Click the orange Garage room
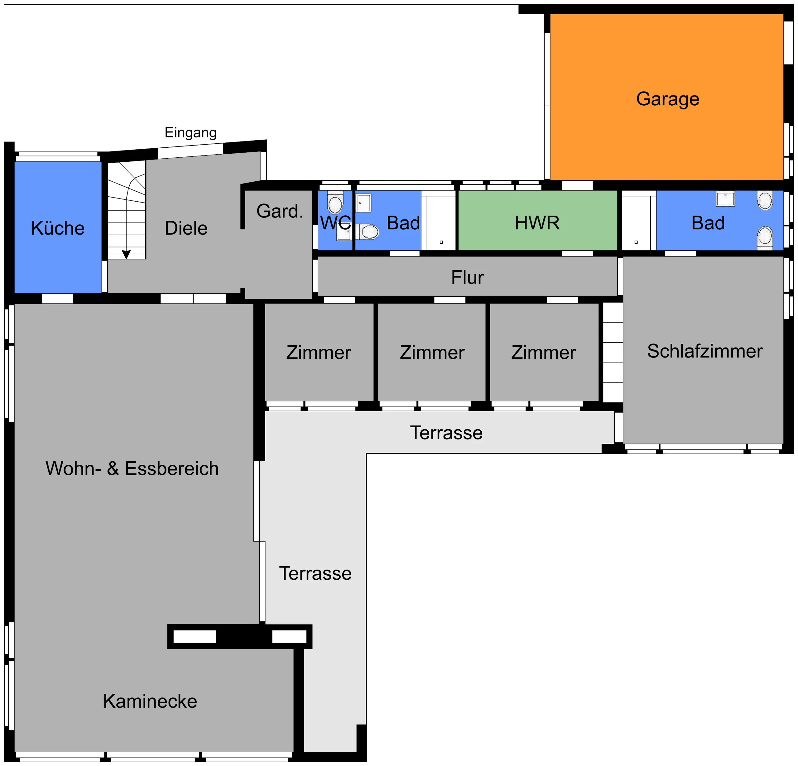click(x=666, y=97)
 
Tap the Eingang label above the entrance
click(x=190, y=133)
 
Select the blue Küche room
click(x=58, y=227)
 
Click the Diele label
click(x=186, y=228)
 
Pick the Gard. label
click(x=280, y=211)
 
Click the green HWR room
click(x=538, y=220)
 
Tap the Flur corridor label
click(x=467, y=278)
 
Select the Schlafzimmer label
click(x=705, y=351)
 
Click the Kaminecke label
click(x=150, y=701)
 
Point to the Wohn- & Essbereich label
click(x=132, y=468)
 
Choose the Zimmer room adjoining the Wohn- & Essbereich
click(x=319, y=352)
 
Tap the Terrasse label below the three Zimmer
click(x=446, y=433)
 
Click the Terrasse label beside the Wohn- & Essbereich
click(x=315, y=573)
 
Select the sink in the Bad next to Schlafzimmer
click(x=726, y=199)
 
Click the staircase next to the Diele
click(x=127, y=210)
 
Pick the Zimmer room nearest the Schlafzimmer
click(x=544, y=352)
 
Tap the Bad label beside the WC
click(x=403, y=223)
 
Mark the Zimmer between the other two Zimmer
click(x=432, y=352)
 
